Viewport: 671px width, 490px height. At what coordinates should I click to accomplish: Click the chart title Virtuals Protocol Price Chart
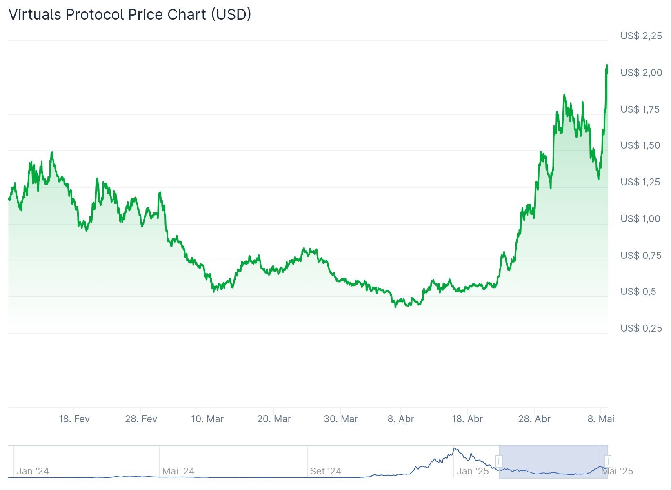130,15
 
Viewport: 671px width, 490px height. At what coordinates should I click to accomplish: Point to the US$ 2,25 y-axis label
641,36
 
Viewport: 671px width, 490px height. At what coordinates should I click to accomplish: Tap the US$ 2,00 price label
641,73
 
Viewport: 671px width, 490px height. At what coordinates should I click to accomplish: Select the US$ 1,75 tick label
640,109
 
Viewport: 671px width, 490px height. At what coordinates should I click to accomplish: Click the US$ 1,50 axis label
640,145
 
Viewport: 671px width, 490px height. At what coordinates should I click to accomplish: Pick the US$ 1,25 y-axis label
640,182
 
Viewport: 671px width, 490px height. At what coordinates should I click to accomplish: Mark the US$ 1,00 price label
640,219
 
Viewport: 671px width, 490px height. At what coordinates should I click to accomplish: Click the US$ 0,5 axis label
638,292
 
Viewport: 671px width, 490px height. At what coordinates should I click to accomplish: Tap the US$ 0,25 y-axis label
641,328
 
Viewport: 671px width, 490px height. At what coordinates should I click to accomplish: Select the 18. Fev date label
74,419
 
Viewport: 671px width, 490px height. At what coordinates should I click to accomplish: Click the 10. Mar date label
207,419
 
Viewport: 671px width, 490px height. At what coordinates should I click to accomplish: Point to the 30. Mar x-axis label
341,419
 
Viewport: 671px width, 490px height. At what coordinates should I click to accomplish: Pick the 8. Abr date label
401,419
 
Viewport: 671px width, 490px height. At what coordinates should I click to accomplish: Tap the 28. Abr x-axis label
534,419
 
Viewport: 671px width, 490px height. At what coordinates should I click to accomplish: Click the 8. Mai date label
601,419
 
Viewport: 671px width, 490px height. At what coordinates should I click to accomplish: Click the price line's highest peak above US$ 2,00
607,65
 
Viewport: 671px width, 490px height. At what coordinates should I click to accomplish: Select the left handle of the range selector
499,461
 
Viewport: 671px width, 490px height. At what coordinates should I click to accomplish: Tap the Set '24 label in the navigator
325,471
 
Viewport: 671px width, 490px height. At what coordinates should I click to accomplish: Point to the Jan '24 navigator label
33,471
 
